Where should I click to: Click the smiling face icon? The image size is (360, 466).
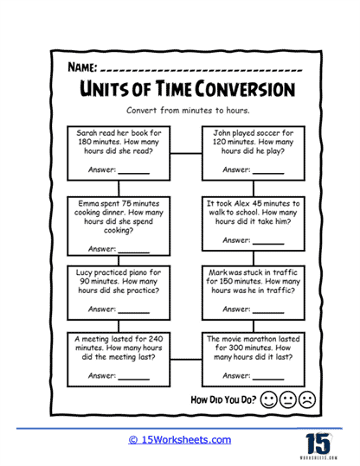(x=268, y=399)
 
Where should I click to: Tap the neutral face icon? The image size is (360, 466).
(x=288, y=399)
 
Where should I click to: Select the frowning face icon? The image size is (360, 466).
(x=307, y=399)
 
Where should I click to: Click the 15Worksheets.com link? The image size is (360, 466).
(x=180, y=440)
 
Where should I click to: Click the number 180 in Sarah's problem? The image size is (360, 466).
(x=85, y=142)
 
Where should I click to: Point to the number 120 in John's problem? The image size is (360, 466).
(x=219, y=142)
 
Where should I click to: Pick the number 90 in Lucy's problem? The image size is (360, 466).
(x=84, y=281)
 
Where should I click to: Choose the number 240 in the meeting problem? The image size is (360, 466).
(x=156, y=339)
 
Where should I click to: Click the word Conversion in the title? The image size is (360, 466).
(x=245, y=89)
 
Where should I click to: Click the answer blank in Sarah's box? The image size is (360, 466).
(x=134, y=173)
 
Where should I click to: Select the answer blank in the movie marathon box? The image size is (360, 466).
(x=268, y=380)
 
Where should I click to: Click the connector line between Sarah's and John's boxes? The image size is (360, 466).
(x=186, y=153)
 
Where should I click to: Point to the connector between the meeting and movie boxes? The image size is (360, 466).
(x=186, y=360)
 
